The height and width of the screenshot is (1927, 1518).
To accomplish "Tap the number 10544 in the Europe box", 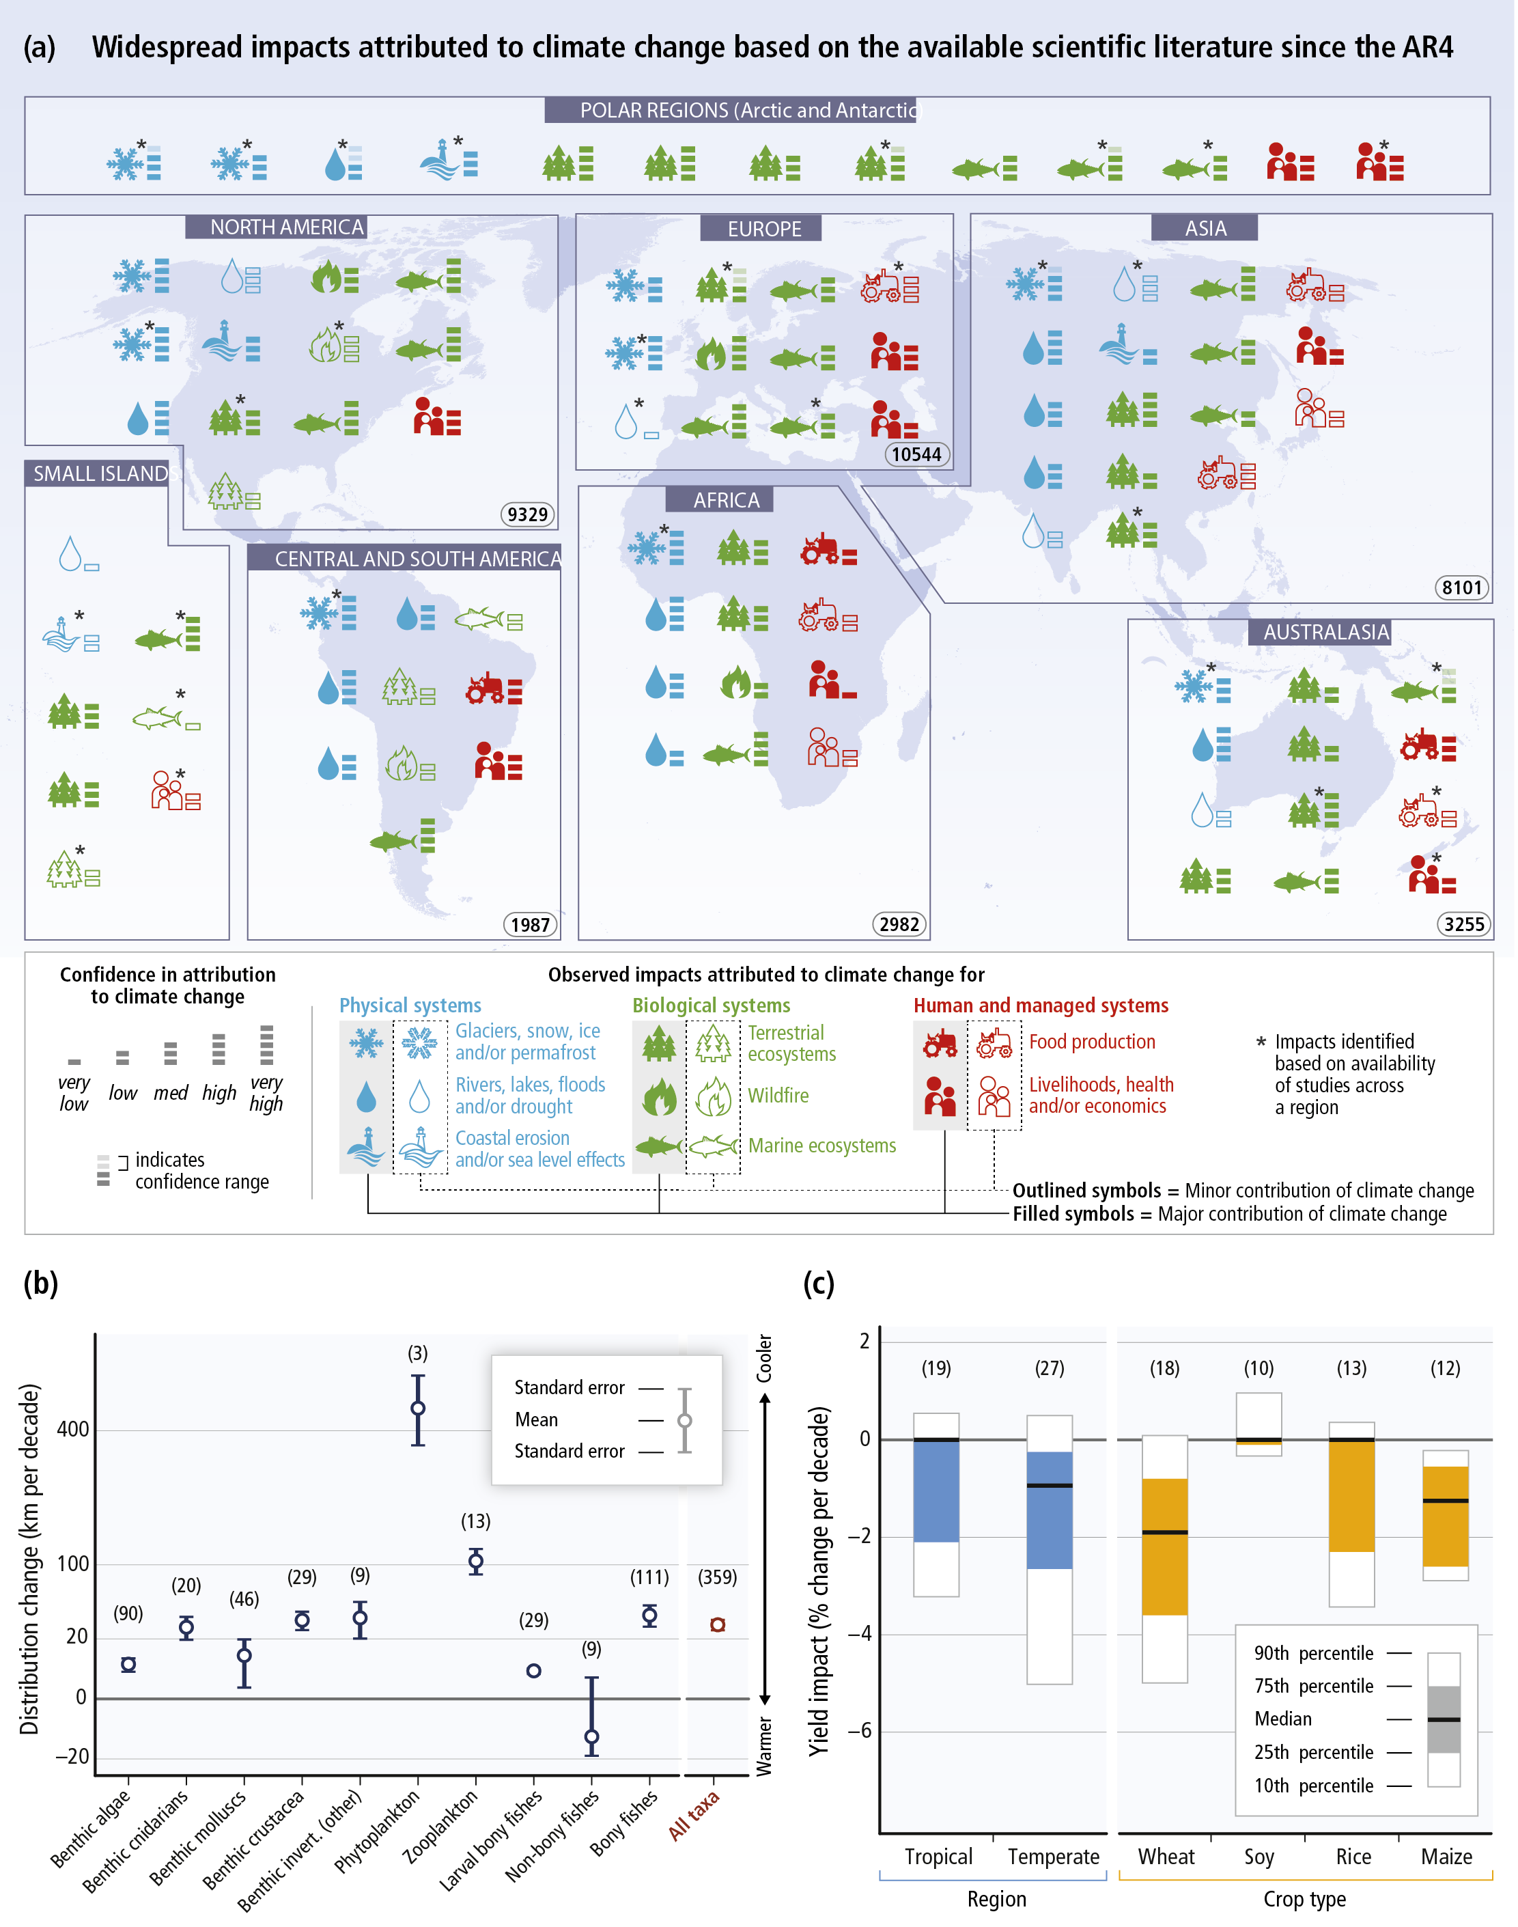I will pyautogui.click(x=917, y=455).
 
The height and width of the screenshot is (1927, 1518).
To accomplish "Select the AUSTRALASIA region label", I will pyautogui.click(x=1326, y=632).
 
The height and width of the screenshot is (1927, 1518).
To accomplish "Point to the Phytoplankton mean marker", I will pyautogui.click(x=419, y=1409).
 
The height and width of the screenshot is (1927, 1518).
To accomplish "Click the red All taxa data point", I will pyautogui.click(x=719, y=1625).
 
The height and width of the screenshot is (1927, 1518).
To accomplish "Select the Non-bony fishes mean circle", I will pyautogui.click(x=593, y=1737).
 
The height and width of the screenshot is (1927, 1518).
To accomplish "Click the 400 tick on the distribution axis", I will pyautogui.click(x=73, y=1429).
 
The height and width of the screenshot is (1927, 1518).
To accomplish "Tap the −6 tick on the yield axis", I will pyautogui.click(x=858, y=1732).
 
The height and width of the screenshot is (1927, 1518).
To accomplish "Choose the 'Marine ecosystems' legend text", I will pyautogui.click(x=823, y=1146).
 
